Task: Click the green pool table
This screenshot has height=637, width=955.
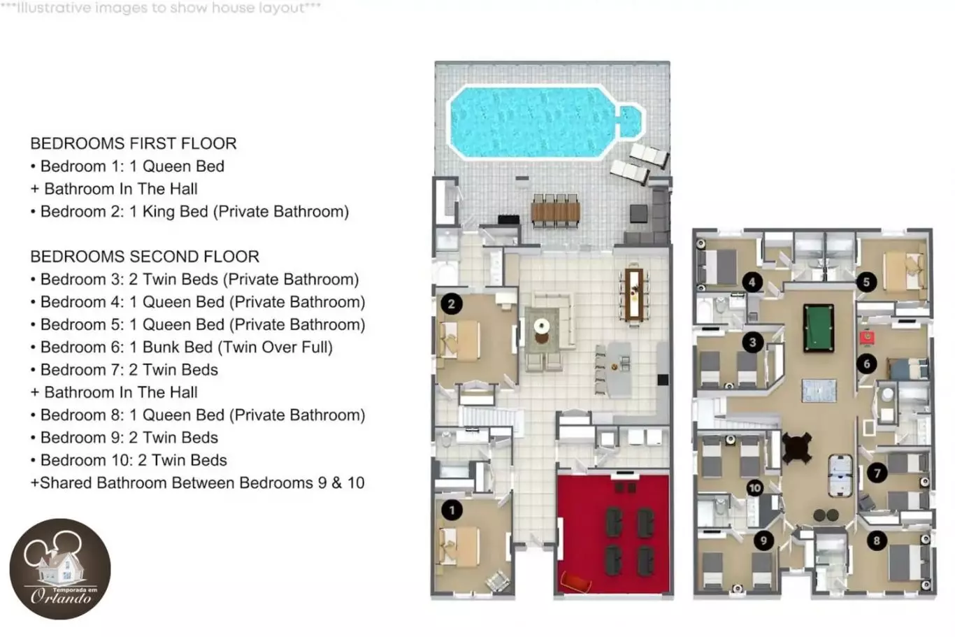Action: (819, 327)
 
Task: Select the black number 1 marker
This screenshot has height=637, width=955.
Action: (452, 510)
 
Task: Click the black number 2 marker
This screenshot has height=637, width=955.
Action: (452, 304)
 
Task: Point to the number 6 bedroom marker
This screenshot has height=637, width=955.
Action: (867, 364)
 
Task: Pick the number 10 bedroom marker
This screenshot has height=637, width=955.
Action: (754, 488)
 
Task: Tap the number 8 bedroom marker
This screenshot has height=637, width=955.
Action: (877, 541)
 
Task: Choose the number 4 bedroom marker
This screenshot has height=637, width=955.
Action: (752, 282)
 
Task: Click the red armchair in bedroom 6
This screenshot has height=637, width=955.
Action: (866, 338)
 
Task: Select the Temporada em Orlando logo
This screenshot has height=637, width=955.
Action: (60, 568)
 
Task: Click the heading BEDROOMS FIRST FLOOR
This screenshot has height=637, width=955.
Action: (134, 143)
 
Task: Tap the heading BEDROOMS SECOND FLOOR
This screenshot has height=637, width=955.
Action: (145, 257)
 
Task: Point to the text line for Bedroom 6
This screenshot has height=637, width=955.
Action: (182, 348)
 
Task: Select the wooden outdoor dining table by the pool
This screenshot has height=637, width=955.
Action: (556, 211)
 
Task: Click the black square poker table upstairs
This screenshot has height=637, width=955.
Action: (796, 448)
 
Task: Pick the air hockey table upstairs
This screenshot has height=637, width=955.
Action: (840, 476)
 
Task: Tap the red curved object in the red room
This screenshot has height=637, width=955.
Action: (575, 582)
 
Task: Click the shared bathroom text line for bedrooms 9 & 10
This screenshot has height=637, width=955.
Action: (197, 483)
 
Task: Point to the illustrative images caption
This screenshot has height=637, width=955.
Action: (161, 8)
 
